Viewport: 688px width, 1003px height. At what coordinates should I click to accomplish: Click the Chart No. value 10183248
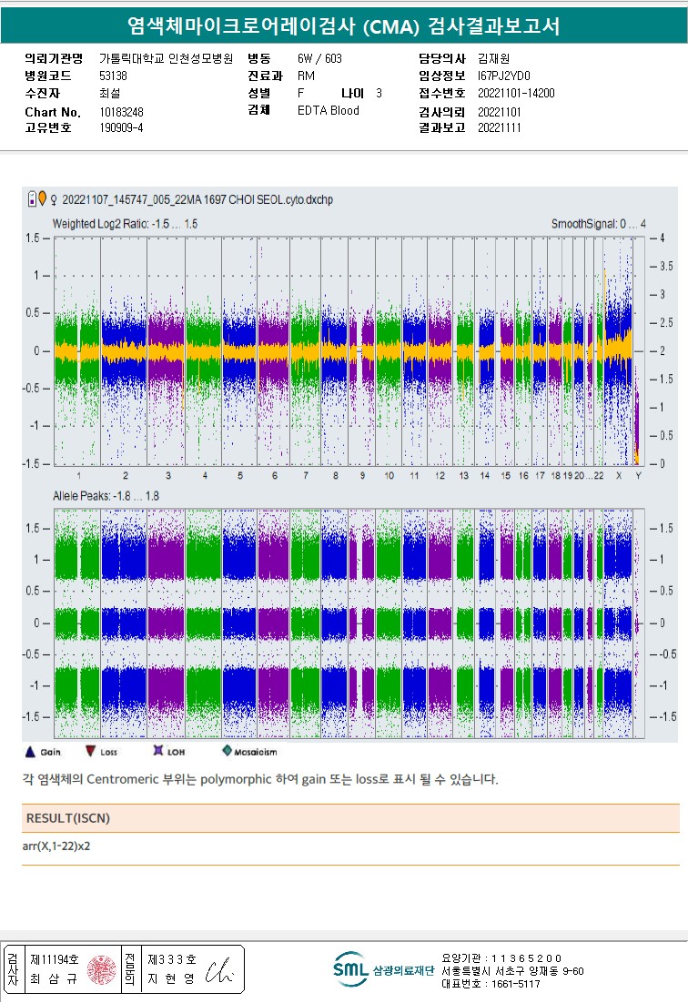tap(121, 112)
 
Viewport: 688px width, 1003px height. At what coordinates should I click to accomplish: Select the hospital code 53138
tap(114, 76)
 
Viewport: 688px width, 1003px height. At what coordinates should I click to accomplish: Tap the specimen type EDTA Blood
tap(329, 111)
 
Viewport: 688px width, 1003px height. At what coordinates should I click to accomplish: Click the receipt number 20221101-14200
tap(516, 93)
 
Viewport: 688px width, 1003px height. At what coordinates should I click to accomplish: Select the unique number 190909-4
tap(121, 128)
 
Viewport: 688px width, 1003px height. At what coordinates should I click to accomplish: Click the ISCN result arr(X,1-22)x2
tap(56, 846)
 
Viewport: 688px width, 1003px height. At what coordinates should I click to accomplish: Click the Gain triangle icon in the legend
tap(29, 752)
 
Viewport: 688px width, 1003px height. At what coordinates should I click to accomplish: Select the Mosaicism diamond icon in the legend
tap(227, 752)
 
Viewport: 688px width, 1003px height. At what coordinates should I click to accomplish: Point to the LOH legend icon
tap(157, 752)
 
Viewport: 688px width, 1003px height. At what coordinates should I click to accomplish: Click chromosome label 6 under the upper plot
tap(274, 476)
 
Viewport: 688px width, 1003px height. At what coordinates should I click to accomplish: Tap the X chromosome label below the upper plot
tap(619, 476)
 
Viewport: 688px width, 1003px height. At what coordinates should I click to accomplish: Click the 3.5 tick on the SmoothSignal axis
tap(666, 267)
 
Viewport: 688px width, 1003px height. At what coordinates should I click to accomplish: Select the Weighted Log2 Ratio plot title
tap(125, 224)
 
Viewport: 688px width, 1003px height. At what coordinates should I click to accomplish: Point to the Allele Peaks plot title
tap(106, 496)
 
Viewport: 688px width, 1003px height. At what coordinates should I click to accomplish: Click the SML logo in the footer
tap(350, 969)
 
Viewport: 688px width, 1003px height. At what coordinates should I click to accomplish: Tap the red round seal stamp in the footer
tap(103, 969)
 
